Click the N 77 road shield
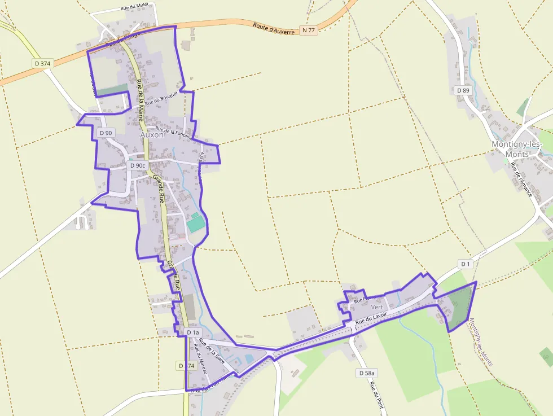(x=308, y=30)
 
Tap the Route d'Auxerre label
(x=274, y=29)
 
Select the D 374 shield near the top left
(x=42, y=64)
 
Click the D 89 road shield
(x=463, y=90)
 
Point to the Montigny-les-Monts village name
(x=517, y=149)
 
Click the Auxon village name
(x=152, y=135)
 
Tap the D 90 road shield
(x=106, y=133)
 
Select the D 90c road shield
(x=138, y=165)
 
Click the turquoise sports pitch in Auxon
(x=196, y=223)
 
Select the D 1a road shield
(x=193, y=333)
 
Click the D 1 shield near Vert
(x=465, y=264)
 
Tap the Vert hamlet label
(x=377, y=307)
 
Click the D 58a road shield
(x=367, y=373)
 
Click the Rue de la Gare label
(x=212, y=350)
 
